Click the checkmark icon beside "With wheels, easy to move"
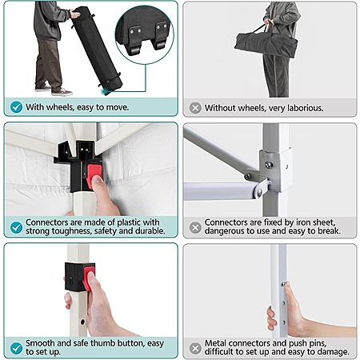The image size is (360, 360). coord(16,107)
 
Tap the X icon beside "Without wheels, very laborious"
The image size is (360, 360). coord(195,108)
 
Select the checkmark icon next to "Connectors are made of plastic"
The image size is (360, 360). coord(16,227)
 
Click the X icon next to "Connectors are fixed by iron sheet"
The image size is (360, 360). coord(195,227)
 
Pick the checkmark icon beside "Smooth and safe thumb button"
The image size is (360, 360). coord(16,348)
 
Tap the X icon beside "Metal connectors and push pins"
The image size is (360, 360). coord(195,348)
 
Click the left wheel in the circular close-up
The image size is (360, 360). coord(135,50)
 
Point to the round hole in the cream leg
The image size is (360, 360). coord(82,322)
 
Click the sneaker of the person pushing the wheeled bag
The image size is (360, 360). coord(62,92)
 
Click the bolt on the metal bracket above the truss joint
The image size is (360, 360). coord(269,165)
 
